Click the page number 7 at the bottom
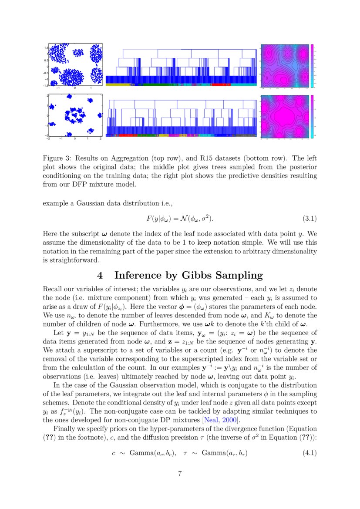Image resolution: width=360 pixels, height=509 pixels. point(180,474)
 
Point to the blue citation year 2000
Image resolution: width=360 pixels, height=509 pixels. point(228,420)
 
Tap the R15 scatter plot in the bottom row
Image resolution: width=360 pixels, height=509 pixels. point(75,115)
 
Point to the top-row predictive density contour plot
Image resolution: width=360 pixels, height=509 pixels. point(284,65)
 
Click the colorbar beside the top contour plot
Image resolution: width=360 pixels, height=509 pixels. point(312,65)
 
